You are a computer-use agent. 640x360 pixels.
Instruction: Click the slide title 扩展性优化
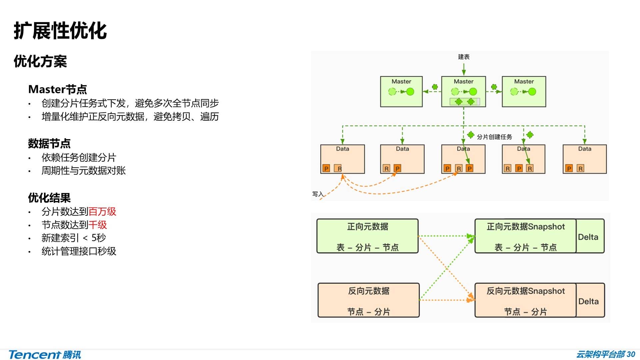point(60,31)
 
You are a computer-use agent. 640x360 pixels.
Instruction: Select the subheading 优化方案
point(40,62)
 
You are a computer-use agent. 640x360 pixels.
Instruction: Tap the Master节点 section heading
point(57,89)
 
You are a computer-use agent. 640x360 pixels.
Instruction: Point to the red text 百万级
point(102,212)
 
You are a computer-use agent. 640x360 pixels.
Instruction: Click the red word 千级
point(98,225)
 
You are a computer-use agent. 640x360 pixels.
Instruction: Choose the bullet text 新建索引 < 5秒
point(74,238)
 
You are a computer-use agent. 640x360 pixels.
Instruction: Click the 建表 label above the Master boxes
point(463,57)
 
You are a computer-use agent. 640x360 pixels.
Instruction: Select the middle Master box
point(463,91)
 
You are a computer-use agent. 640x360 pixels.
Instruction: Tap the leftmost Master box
point(401,91)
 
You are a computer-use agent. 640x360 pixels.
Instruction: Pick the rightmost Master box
point(524,91)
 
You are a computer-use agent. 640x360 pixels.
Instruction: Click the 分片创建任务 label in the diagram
point(494,137)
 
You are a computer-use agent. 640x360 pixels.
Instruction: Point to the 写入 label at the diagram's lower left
point(318,194)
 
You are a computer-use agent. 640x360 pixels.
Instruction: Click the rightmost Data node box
point(584,159)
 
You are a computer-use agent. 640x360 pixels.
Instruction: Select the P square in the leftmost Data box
point(326,169)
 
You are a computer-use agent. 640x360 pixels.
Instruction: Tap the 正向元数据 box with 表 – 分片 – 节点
point(367,236)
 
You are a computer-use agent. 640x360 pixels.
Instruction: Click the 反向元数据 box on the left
point(368,300)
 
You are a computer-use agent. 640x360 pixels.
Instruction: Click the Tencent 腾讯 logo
point(45,355)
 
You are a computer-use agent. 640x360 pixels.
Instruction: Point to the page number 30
point(631,354)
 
